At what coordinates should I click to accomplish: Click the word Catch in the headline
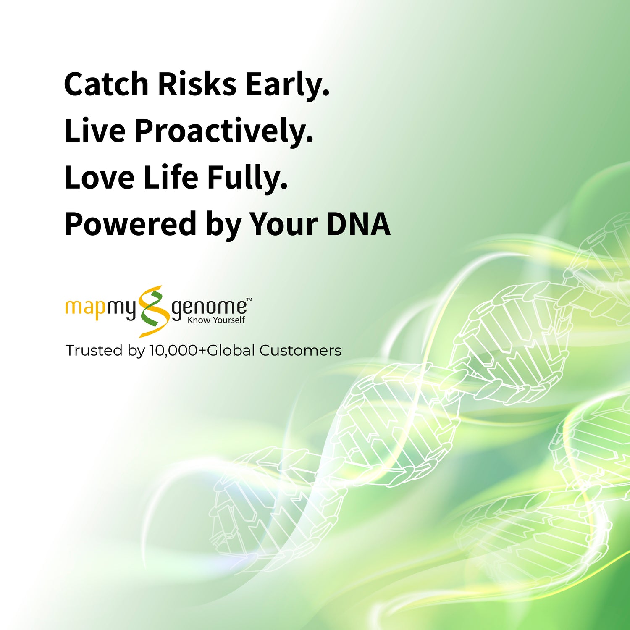coord(106,84)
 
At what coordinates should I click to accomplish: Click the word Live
coord(95,131)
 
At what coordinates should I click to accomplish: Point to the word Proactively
coord(224,132)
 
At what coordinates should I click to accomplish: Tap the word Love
coord(100,177)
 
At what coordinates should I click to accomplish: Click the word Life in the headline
coord(171,176)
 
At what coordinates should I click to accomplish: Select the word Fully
coord(248,178)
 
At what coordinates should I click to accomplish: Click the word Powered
coord(131,223)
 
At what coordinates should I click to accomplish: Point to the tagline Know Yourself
coord(216,320)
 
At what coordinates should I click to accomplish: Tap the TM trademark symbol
coord(249,300)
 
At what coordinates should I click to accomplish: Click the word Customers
coord(300,350)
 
